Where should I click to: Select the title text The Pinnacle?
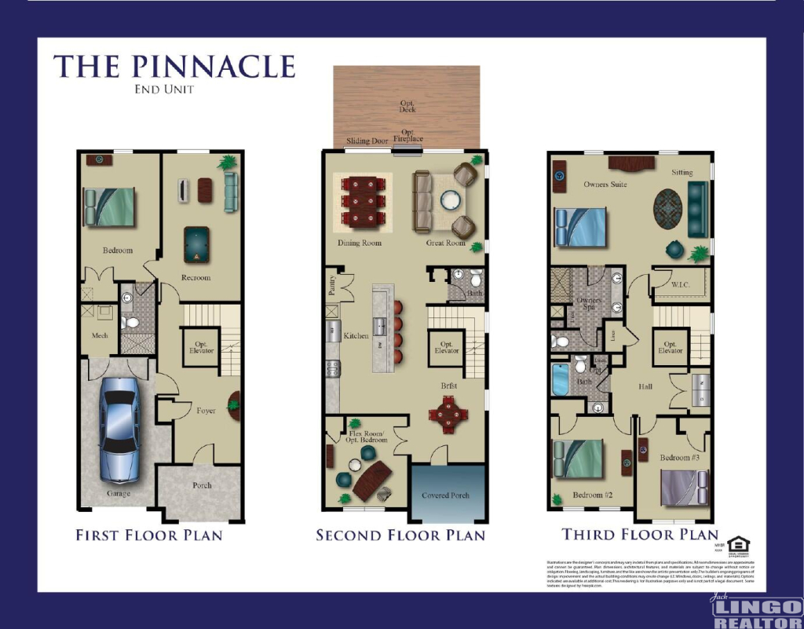174,66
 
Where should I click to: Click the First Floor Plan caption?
149,536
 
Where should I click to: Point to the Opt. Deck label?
407,106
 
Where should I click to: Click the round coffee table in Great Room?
451,199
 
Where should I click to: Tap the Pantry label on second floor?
332,286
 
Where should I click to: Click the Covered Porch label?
445,496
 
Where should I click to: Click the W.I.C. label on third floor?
680,284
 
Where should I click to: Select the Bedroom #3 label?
679,457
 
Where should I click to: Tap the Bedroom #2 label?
592,495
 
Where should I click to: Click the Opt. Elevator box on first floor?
199,346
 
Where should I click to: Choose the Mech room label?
99,336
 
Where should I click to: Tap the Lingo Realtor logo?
754,611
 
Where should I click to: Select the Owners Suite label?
605,185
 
